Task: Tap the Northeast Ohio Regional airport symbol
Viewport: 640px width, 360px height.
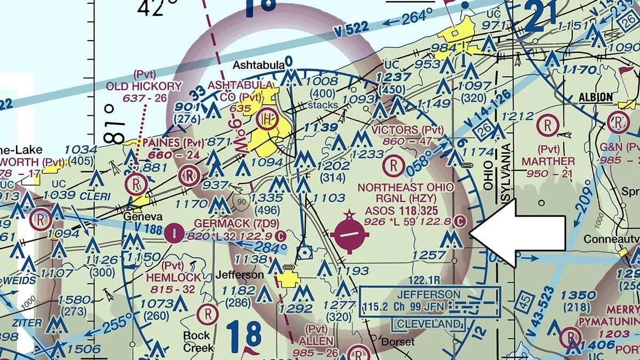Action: (349, 234)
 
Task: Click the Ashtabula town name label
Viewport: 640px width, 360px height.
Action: (258, 65)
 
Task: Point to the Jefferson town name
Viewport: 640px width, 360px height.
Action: (239, 275)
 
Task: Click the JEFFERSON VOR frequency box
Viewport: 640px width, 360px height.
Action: (429, 301)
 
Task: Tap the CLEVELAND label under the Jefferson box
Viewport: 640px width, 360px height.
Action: (428, 324)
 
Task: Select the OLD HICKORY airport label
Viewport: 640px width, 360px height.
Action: (144, 86)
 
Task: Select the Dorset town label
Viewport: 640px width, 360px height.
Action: (397, 342)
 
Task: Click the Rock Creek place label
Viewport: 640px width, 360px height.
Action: (198, 341)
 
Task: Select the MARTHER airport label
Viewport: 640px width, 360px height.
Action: (548, 161)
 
